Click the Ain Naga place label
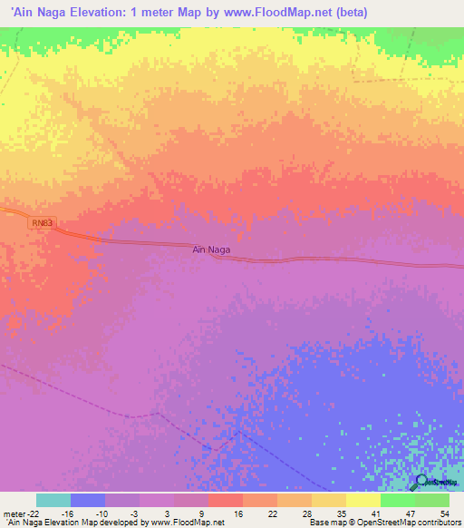[x=211, y=249]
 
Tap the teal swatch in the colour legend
[x=53, y=500]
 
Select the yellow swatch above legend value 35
[x=329, y=500]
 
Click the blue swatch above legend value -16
[x=88, y=500]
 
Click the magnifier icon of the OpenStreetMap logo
[x=421, y=482]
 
